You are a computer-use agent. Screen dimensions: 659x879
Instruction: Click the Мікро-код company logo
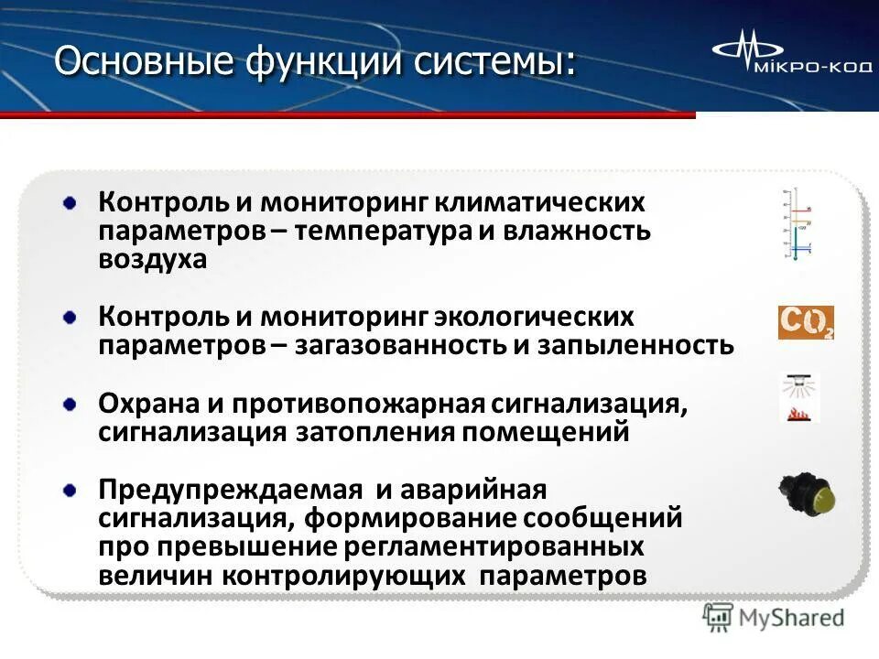788,58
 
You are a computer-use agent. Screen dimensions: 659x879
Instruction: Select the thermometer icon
796,224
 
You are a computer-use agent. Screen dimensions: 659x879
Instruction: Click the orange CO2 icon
806,323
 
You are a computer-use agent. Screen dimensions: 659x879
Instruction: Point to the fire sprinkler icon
799,398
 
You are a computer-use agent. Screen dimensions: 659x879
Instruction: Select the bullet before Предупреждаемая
71,492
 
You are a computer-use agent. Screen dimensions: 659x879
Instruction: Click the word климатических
540,201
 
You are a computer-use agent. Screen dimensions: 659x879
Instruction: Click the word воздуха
153,260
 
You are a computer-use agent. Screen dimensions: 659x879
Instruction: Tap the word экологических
534,317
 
